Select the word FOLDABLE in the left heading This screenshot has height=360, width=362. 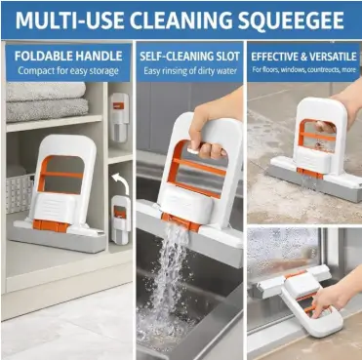(x=40, y=56)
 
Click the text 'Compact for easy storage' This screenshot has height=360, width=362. (x=68, y=70)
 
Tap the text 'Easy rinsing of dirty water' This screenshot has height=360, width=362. (x=190, y=70)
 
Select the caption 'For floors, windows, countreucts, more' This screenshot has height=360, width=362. (x=303, y=69)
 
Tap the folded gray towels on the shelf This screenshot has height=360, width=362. (x=47, y=101)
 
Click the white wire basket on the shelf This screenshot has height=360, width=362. (x=20, y=194)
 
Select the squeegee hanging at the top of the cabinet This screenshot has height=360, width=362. (x=119, y=117)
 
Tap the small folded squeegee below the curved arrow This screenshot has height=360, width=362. (x=120, y=218)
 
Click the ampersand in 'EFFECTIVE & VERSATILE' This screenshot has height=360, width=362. (x=303, y=57)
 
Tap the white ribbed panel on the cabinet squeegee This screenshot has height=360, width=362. (x=54, y=208)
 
